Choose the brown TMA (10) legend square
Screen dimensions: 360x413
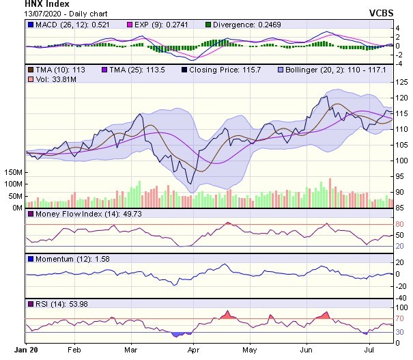[29, 70]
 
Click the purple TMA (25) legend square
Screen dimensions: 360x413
[104, 70]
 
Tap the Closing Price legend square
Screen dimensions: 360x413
[184, 70]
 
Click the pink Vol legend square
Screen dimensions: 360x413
[29, 79]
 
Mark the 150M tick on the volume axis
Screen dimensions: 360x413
[12, 173]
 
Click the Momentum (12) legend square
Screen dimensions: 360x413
[29, 260]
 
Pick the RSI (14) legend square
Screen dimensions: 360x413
[29, 304]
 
